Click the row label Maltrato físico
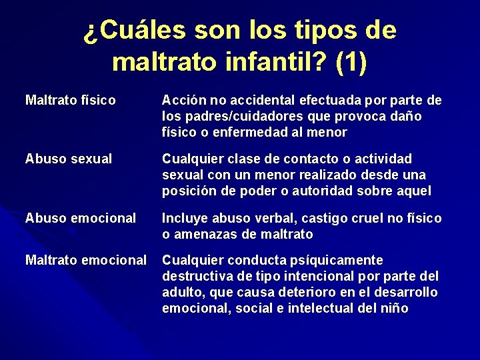coord(70,101)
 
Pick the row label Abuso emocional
coord(80,218)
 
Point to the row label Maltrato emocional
coord(85,260)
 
